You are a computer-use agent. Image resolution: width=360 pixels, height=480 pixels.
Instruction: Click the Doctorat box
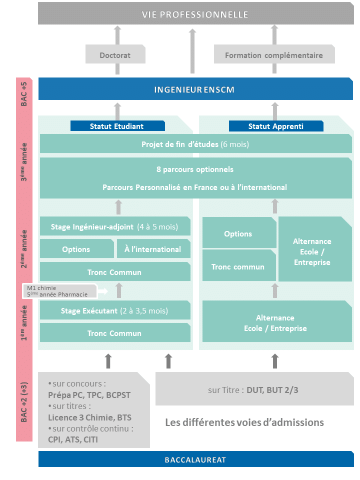click(x=115, y=54)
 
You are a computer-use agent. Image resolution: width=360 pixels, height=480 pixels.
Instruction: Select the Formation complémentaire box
click(x=274, y=54)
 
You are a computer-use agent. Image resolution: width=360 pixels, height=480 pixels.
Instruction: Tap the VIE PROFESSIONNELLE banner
click(x=196, y=13)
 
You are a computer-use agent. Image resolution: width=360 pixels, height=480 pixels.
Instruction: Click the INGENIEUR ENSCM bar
click(x=195, y=89)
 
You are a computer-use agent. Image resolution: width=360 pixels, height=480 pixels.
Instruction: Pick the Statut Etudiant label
click(x=117, y=126)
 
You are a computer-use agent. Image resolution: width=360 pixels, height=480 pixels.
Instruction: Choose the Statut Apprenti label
click(x=276, y=126)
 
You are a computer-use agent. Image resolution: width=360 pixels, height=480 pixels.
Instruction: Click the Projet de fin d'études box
click(x=196, y=143)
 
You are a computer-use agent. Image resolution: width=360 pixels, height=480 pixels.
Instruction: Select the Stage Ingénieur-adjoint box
click(x=115, y=226)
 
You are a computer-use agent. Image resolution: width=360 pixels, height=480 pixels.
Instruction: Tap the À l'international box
click(x=153, y=248)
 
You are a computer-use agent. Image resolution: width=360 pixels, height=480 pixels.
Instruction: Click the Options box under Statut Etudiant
click(x=77, y=248)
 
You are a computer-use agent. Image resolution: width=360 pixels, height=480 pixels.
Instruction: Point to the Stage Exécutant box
click(x=115, y=310)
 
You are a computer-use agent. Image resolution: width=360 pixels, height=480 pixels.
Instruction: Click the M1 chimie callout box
click(x=60, y=291)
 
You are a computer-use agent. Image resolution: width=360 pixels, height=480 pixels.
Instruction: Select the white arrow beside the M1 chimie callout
click(x=103, y=291)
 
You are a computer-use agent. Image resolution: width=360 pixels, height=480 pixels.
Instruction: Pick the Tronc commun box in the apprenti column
click(x=239, y=265)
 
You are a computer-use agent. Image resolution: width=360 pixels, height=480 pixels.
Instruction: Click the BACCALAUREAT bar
click(x=196, y=459)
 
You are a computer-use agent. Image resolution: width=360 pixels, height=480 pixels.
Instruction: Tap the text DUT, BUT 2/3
click(x=272, y=390)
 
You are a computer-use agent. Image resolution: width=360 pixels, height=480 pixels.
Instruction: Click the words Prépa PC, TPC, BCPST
click(x=89, y=395)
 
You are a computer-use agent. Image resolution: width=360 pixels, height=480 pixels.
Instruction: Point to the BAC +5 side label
click(x=24, y=93)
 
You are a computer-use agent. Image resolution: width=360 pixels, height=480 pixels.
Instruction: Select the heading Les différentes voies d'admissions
click(x=244, y=422)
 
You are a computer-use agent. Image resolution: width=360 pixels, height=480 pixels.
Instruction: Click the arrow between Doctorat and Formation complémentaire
click(x=192, y=51)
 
